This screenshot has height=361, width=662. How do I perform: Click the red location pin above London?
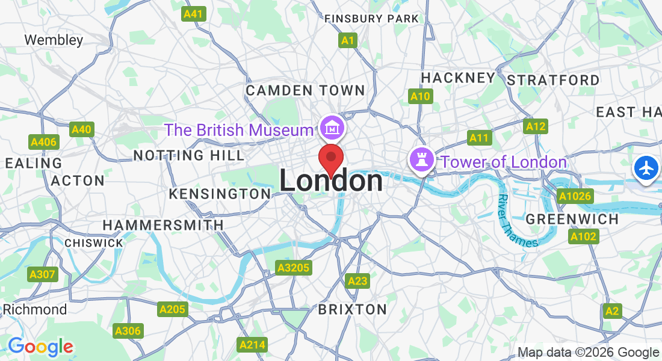330,158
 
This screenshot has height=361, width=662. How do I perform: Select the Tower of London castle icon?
421,160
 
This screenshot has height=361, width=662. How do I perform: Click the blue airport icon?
646,168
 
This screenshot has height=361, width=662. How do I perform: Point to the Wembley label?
54,40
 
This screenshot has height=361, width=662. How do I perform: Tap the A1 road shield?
348,40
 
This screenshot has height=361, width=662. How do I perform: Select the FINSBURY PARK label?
371,19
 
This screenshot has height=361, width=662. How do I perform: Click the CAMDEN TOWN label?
305,91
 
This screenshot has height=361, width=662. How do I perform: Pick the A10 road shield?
420,96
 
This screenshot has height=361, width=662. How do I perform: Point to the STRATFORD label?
553,80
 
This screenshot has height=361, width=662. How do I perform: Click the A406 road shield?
43,142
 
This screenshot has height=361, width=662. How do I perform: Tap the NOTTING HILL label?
188,155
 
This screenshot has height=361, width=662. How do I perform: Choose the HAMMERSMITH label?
163,225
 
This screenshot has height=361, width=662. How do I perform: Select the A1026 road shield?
575,196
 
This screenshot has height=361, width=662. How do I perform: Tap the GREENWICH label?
572,219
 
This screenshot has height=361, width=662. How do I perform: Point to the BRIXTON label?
352,309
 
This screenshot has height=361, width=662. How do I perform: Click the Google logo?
40,347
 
